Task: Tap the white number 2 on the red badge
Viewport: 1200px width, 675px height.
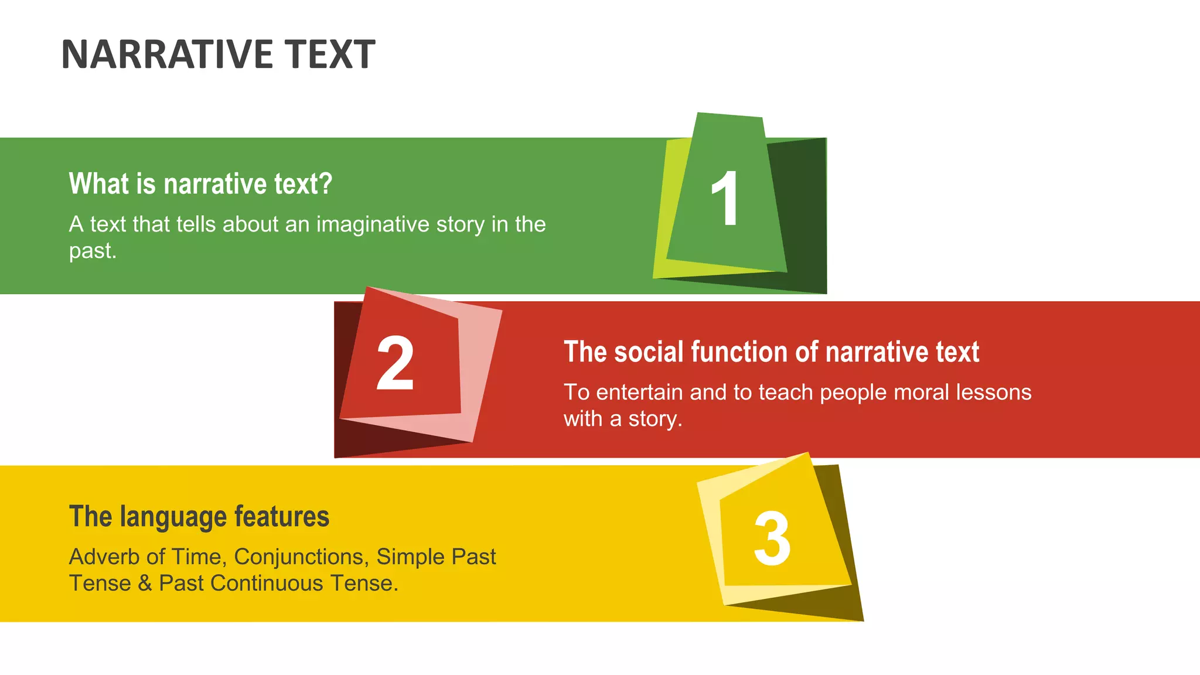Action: click(x=395, y=363)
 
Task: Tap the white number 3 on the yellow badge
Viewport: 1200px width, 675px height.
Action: click(x=772, y=538)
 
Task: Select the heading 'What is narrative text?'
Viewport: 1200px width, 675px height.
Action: click(x=200, y=184)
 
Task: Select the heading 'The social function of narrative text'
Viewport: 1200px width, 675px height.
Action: click(x=771, y=352)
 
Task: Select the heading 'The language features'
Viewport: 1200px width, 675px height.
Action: click(x=199, y=517)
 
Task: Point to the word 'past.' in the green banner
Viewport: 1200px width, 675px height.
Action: click(x=93, y=251)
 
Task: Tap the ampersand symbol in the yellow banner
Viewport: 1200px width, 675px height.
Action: click(x=145, y=584)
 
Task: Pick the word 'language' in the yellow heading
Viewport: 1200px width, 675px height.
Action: click(x=173, y=517)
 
